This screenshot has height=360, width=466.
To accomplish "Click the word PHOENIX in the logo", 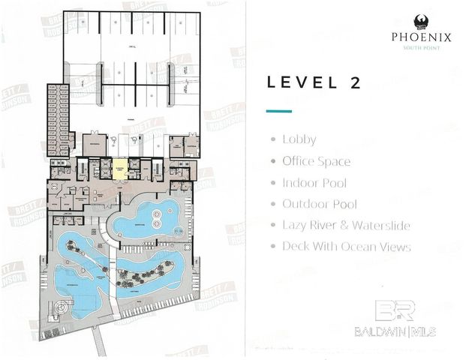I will tap(421, 36).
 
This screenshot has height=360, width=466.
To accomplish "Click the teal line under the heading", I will tap(279, 111).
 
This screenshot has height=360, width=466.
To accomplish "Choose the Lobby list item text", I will tap(299, 139).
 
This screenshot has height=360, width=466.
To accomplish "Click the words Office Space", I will tap(316, 161).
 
